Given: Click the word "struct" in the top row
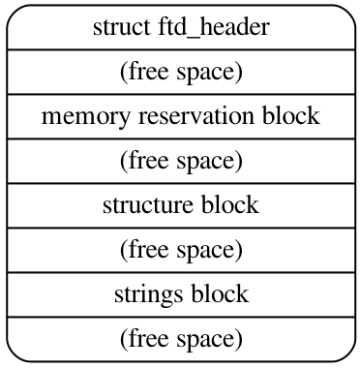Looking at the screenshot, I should (x=115, y=27).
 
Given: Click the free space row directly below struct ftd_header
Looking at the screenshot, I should (x=180, y=72).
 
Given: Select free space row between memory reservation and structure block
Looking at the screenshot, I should (x=180, y=161).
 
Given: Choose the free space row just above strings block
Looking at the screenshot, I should (x=180, y=250).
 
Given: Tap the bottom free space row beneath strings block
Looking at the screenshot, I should (x=180, y=339).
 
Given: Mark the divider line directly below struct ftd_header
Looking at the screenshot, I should (x=180, y=49).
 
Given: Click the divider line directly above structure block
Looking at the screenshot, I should (x=180, y=183).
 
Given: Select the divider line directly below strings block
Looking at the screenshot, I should (x=180, y=317).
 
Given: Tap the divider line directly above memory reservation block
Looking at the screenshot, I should (x=180, y=94).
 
